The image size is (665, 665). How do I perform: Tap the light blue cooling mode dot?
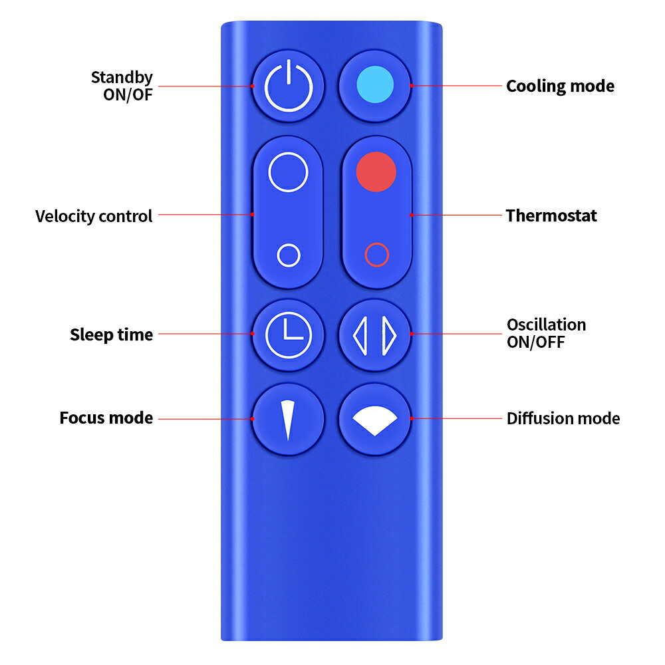pos(375,85)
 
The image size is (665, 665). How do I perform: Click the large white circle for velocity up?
pos(288,173)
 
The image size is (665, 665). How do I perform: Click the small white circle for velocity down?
pos(288,255)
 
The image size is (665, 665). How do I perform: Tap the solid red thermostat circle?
pos(376,172)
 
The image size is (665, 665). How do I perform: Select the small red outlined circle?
pos(376,255)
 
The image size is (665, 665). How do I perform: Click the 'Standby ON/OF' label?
pos(122,86)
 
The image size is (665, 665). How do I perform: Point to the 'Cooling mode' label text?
pos(560,86)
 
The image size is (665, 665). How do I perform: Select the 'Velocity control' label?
pos(94,216)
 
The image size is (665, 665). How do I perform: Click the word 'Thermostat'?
pos(551,215)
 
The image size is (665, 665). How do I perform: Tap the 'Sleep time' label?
pos(111,334)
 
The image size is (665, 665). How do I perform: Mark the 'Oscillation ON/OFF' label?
pos(546,333)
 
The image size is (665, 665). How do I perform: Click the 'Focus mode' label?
pos(106,418)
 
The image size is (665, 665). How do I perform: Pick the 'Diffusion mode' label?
pos(563,419)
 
